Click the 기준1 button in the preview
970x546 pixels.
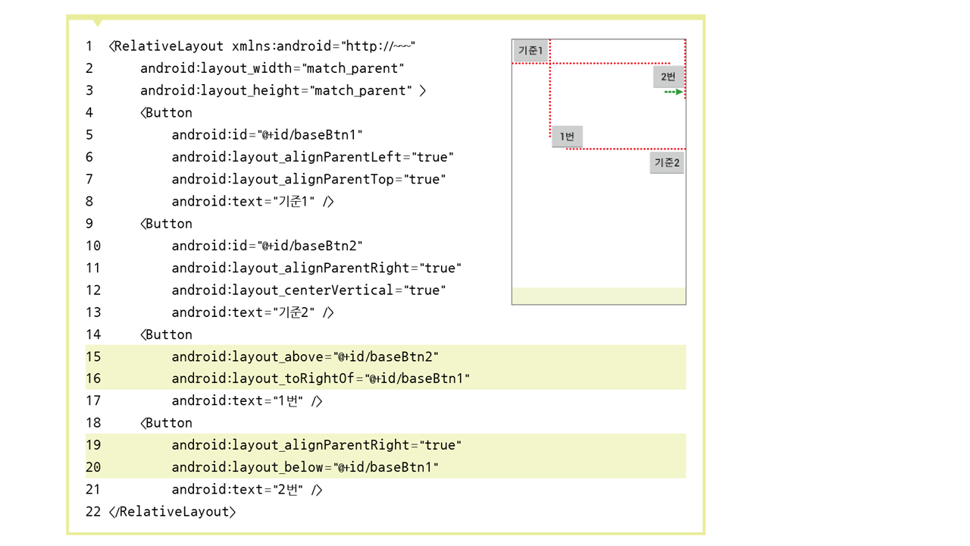(530, 51)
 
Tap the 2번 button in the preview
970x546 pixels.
(668, 77)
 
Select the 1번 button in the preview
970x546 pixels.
(567, 136)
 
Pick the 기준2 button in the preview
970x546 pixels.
(667, 162)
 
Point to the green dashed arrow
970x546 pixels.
(674, 93)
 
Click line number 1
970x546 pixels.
(89, 46)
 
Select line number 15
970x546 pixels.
(92, 356)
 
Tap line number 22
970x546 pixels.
(92, 512)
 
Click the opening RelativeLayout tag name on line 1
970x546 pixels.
(169, 46)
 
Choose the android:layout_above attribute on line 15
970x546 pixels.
(247, 356)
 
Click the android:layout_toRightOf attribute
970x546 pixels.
(263, 378)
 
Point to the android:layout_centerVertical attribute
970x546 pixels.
(283, 290)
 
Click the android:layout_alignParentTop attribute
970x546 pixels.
(283, 180)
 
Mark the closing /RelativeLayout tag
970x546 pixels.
(173, 512)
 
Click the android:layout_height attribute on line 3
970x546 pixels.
(220, 91)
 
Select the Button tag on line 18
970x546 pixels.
(168, 423)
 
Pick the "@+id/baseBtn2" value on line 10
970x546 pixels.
(311, 246)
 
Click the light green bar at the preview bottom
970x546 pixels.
(599, 296)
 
